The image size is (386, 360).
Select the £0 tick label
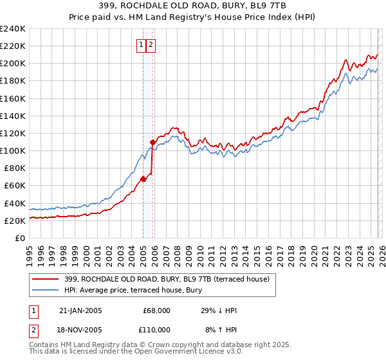[20, 238]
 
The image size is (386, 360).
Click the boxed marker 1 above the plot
[141, 45]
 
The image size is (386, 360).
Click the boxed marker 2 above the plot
[151, 45]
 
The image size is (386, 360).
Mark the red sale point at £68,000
[143, 179]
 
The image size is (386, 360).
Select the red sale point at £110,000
[152, 142]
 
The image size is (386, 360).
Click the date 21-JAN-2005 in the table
[80, 310]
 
